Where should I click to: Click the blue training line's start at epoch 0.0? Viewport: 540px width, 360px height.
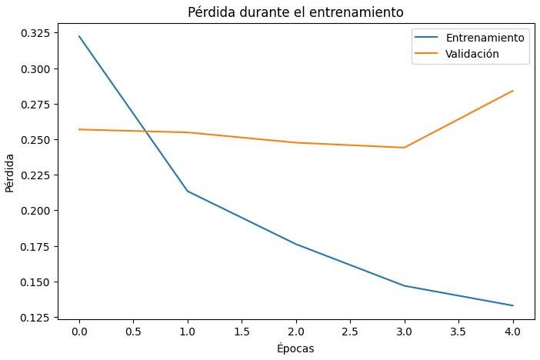[78, 36]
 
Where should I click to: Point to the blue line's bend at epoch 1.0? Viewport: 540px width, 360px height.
[187, 191]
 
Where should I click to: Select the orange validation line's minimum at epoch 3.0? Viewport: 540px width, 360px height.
[405, 148]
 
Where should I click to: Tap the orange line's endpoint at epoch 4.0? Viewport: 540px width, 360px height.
[513, 91]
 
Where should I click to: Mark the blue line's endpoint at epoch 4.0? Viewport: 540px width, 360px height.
[513, 305]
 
